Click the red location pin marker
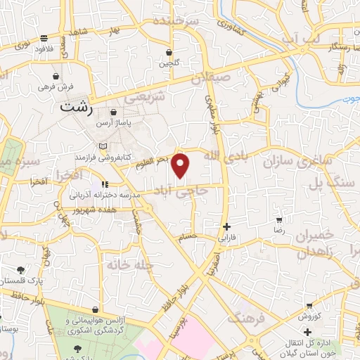point(181,166)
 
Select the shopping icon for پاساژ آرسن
point(114,111)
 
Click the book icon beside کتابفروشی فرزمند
point(104,146)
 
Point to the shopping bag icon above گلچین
point(169,53)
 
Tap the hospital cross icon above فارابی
point(226,226)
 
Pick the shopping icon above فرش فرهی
point(55,76)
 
